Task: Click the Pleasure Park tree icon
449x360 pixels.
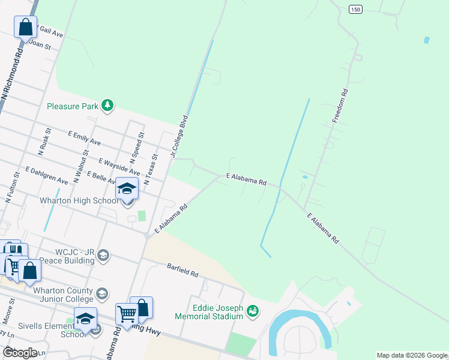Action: click(107, 106)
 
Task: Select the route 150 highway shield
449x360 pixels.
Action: click(356, 9)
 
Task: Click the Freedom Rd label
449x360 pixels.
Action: click(341, 106)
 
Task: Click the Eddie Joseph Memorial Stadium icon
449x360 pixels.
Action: click(253, 310)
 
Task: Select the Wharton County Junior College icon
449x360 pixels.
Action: click(102, 293)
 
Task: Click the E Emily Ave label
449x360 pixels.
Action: click(84, 138)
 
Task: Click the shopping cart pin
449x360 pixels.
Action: click(127, 314)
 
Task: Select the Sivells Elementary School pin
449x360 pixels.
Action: click(85, 319)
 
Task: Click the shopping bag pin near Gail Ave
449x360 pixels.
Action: click(25, 28)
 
